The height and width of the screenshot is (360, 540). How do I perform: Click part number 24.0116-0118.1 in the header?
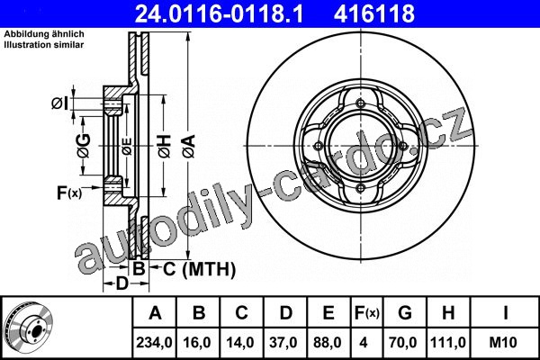point(219,13)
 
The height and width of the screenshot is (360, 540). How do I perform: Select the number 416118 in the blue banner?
point(374,13)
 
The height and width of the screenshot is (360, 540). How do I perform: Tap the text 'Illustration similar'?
point(44,44)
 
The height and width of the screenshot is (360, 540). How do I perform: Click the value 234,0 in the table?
point(154,342)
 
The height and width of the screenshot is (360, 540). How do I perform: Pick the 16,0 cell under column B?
point(198,342)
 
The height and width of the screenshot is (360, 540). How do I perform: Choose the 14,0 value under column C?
point(240,342)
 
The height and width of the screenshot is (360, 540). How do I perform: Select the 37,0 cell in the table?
point(284,342)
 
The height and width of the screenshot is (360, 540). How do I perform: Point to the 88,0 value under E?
point(328,342)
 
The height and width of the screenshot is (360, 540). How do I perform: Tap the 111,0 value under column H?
point(448,342)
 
